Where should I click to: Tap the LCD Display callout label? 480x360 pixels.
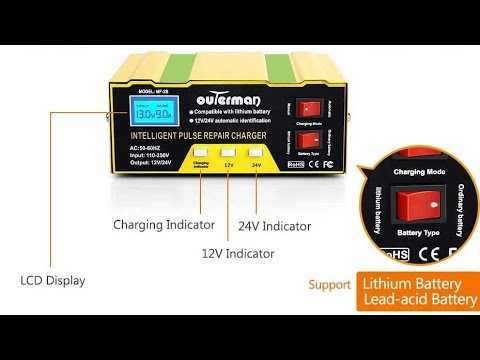point(52,281)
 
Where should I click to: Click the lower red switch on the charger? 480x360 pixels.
point(309,140)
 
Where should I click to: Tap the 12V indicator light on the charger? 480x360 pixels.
point(230,171)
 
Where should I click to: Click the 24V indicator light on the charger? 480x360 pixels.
point(258,171)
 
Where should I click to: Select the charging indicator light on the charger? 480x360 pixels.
point(202,171)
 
